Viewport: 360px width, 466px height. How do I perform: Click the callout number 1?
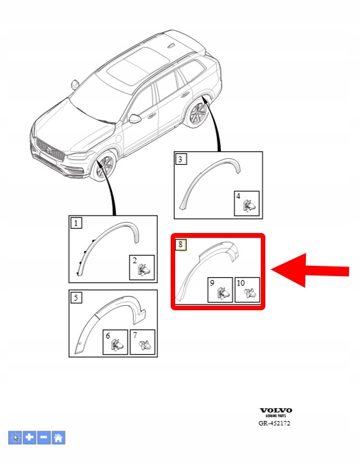[76, 223]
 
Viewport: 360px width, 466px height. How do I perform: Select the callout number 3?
[180, 159]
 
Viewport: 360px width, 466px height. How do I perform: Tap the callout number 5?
[76, 297]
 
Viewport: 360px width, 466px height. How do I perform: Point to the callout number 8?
[180, 245]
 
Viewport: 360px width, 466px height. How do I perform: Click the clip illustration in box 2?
[144, 270]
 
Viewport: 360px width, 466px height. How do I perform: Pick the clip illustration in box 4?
[249, 206]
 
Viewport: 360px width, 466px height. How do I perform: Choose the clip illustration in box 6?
[117, 345]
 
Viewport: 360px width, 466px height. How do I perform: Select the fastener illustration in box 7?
[146, 345]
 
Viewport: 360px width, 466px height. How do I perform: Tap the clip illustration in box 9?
[222, 293]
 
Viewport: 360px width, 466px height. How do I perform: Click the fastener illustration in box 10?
[250, 293]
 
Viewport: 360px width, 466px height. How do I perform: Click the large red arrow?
[310, 270]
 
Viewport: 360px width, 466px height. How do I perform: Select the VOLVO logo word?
[276, 411]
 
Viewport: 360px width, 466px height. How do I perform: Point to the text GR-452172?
[274, 424]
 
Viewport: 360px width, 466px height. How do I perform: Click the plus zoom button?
[30, 438]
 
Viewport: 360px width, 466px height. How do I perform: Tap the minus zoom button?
[44, 438]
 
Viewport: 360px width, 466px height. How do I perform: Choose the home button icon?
[58, 438]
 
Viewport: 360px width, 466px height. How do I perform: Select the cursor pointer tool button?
[15, 438]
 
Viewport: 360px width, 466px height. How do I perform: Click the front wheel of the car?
[104, 166]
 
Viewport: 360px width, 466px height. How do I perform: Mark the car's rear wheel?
[198, 113]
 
